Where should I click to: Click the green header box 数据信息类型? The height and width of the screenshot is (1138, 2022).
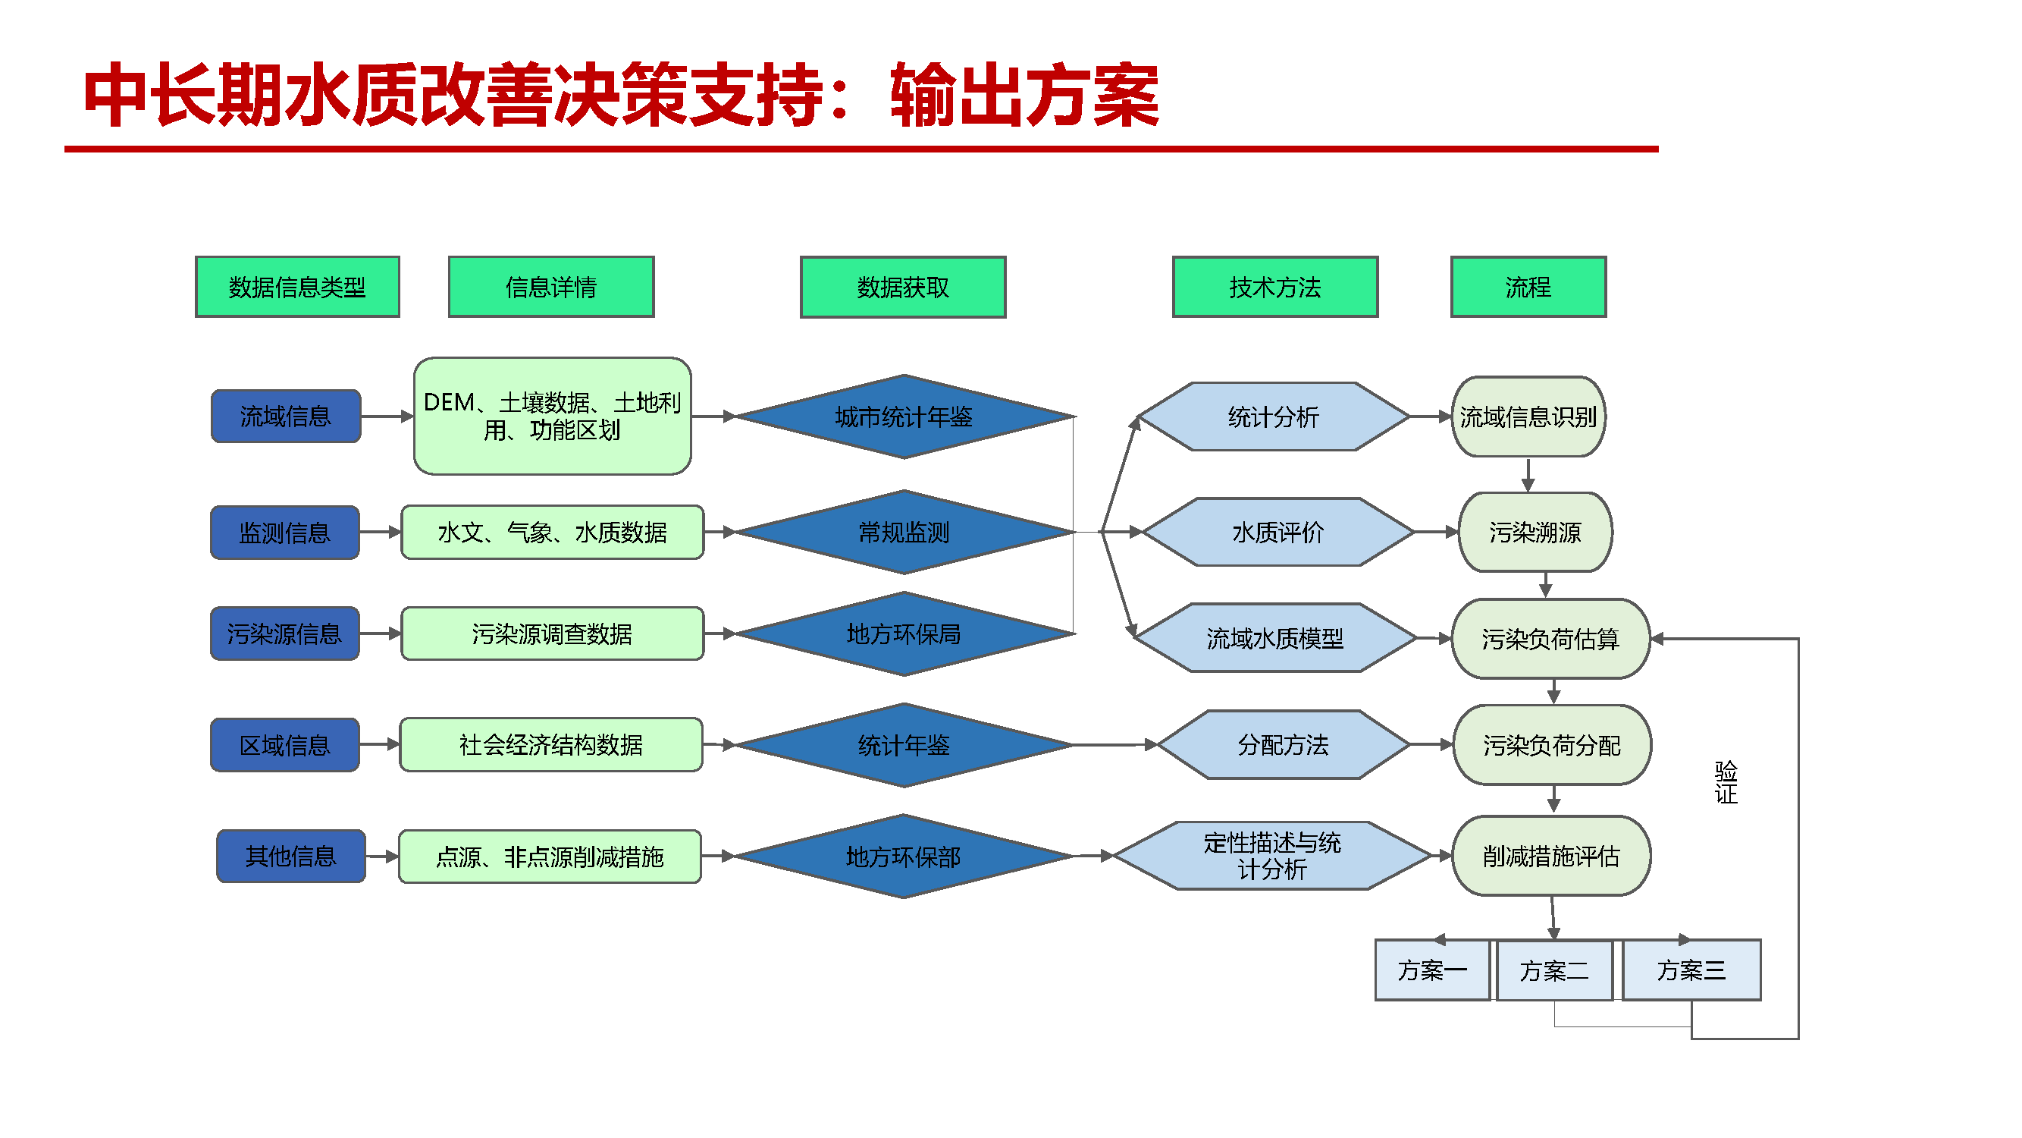click(296, 288)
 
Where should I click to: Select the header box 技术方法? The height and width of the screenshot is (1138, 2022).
click(1274, 288)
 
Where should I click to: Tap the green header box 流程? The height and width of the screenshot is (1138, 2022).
click(1528, 288)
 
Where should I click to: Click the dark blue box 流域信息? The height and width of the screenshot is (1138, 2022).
click(286, 417)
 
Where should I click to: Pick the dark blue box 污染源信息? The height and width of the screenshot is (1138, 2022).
click(284, 633)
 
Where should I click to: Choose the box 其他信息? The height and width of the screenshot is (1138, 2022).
click(290, 856)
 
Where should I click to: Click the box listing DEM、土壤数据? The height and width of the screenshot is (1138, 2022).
click(552, 417)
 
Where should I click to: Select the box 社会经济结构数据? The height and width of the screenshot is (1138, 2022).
click(550, 744)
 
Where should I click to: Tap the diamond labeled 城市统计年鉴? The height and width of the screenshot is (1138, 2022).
click(904, 417)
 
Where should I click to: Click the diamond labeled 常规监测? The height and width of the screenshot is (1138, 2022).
click(904, 533)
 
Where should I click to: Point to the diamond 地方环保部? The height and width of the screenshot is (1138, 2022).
click(904, 857)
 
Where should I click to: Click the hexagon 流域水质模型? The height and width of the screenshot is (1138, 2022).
click(1274, 639)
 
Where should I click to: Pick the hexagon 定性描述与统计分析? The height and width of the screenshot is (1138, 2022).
click(1271, 856)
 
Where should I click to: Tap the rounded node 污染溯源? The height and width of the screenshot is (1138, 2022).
click(1535, 533)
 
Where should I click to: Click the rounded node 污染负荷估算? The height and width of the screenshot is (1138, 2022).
click(1550, 639)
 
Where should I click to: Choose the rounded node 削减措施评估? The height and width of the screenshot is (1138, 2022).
click(1551, 856)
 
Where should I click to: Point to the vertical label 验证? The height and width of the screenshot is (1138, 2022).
click(1726, 782)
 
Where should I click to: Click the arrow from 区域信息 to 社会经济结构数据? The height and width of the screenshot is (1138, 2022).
click(380, 744)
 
